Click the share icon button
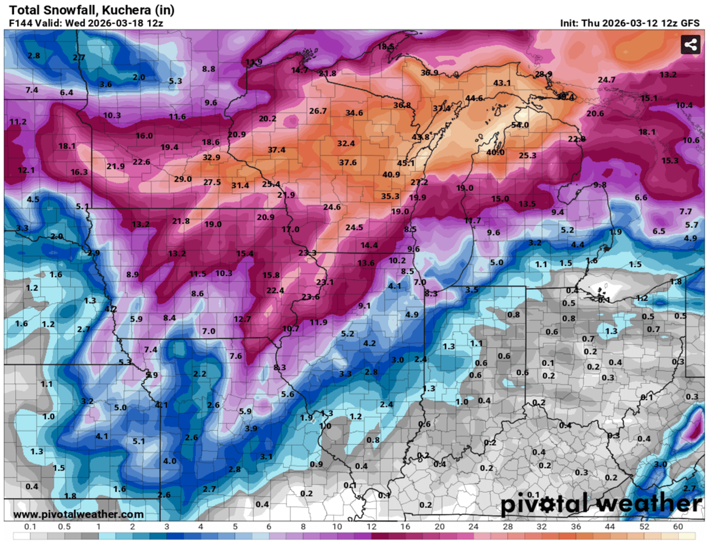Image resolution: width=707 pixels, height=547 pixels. pos(690,45)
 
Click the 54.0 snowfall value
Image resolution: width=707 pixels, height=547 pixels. pos(520,125)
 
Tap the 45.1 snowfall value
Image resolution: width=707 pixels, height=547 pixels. pos(406,163)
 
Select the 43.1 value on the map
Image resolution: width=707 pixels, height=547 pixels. pos(502,83)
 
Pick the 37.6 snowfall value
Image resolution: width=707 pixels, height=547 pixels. pos(348,163)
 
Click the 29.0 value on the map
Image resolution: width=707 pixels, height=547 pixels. pos(183,179)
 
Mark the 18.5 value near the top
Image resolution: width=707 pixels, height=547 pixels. pos(386,47)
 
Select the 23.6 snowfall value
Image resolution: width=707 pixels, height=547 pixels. pos(310,297)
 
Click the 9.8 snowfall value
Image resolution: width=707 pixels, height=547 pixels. pos(600,185)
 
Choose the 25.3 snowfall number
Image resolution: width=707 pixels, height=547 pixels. pos(527,155)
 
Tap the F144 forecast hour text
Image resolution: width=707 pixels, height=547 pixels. pos(21,23)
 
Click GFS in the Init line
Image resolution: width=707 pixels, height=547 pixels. pos(693,23)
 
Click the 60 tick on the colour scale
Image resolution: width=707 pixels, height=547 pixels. pos(678,526)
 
